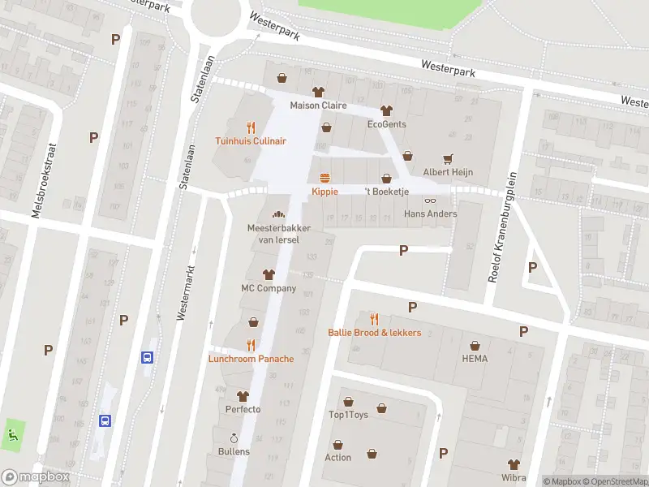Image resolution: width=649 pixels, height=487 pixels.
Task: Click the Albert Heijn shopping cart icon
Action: (447, 158)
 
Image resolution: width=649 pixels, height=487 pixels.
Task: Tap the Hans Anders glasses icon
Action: (431, 200)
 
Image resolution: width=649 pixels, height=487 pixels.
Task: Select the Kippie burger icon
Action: (325, 178)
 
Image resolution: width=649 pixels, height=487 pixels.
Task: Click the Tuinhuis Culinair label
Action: (251, 140)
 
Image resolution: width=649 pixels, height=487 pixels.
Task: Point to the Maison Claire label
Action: (319, 106)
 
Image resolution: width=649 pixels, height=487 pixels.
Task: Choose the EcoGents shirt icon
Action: (386, 110)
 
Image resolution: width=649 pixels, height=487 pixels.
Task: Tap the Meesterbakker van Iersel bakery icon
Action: (278, 215)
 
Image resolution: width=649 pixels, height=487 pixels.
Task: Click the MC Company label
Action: (269, 288)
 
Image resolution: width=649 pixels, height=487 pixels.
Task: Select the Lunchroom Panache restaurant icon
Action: (251, 345)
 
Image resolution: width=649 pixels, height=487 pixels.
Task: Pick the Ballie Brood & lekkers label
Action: (374, 333)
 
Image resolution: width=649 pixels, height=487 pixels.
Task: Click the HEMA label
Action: (475, 359)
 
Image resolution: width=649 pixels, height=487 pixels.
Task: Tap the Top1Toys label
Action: (348, 415)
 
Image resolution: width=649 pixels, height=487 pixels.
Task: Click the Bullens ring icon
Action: (234, 437)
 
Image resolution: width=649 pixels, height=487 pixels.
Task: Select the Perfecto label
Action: (243, 409)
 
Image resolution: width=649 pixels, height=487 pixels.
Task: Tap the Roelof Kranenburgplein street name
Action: (502, 226)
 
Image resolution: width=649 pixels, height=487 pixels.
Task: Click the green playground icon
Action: (11, 434)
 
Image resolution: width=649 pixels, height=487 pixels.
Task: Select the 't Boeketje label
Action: (386, 192)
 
